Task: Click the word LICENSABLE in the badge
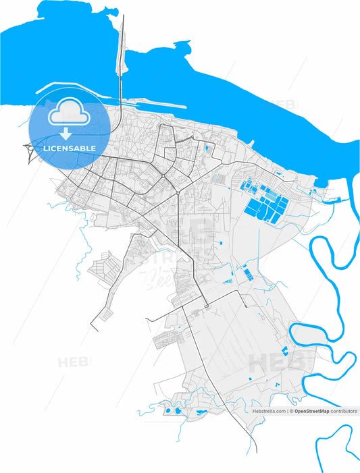tap(70, 148)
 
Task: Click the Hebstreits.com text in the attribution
tap(269, 410)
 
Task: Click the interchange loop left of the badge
tap(31, 152)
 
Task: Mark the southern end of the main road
tap(256, 451)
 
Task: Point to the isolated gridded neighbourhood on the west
tap(103, 269)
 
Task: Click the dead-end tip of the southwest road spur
tap(93, 329)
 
